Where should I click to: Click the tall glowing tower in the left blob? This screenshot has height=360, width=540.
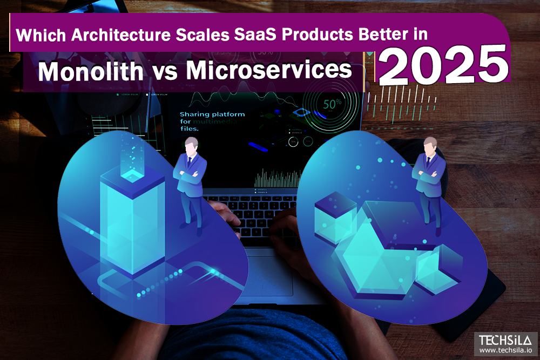132,216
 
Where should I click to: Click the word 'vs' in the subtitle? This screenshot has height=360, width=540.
160,72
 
